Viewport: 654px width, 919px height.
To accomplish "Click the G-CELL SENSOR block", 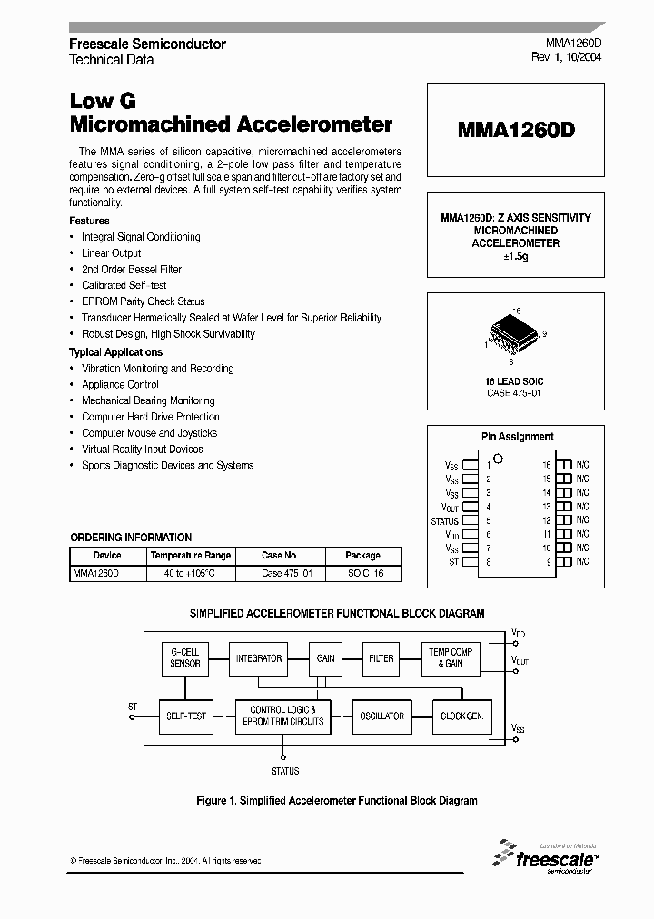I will click(185, 657).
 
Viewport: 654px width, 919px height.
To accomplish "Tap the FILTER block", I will click(381, 657).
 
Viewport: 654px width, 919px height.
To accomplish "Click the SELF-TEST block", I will click(185, 716).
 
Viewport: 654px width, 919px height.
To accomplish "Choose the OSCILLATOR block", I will click(381, 716).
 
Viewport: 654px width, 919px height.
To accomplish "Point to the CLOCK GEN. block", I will click(462, 716).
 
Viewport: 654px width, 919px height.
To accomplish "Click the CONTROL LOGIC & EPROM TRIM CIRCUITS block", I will click(282, 716).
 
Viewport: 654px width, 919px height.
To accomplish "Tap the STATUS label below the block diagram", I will click(284, 771).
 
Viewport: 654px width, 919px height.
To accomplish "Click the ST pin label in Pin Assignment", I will click(453, 563).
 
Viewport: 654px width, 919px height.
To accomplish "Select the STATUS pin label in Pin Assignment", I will click(444, 521).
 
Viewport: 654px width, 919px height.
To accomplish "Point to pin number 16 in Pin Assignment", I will click(547, 465).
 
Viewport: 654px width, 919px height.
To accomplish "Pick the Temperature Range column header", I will click(191, 555).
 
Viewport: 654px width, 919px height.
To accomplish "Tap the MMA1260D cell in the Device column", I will click(96, 574).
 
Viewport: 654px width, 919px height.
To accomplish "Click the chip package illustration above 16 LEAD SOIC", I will click(514, 332).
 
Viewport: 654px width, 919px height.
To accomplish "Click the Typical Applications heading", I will click(115, 352).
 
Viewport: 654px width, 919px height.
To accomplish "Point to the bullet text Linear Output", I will click(112, 253).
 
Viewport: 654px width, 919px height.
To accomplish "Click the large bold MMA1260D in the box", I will click(515, 130).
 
